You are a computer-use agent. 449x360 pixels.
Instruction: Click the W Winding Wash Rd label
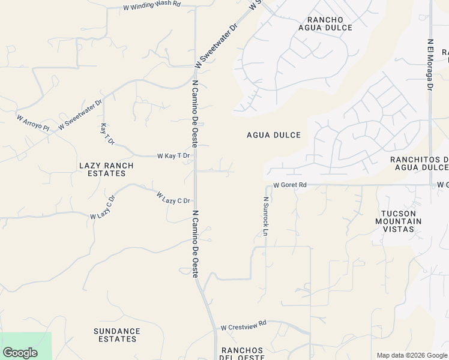(x=152, y=6)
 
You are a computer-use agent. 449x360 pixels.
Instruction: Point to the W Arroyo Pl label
(x=33, y=124)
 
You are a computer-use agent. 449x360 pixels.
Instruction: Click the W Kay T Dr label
(x=173, y=155)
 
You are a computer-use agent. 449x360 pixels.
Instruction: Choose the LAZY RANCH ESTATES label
(x=102, y=169)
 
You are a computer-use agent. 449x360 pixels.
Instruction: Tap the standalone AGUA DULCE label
(x=274, y=135)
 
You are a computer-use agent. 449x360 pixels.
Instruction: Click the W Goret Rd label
(x=290, y=185)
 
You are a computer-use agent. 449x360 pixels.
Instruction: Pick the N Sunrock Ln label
(x=265, y=216)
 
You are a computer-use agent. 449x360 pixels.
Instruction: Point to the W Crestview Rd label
(x=243, y=328)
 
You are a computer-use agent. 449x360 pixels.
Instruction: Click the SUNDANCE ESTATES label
(x=117, y=335)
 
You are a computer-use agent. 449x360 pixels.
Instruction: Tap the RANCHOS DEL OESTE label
(x=243, y=353)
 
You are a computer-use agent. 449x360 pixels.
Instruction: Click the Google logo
(x=20, y=353)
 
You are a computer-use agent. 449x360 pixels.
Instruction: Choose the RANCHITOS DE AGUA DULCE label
(x=420, y=163)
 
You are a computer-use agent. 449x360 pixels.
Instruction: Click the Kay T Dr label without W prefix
(x=107, y=134)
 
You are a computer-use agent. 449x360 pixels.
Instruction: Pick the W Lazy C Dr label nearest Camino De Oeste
(x=173, y=198)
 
